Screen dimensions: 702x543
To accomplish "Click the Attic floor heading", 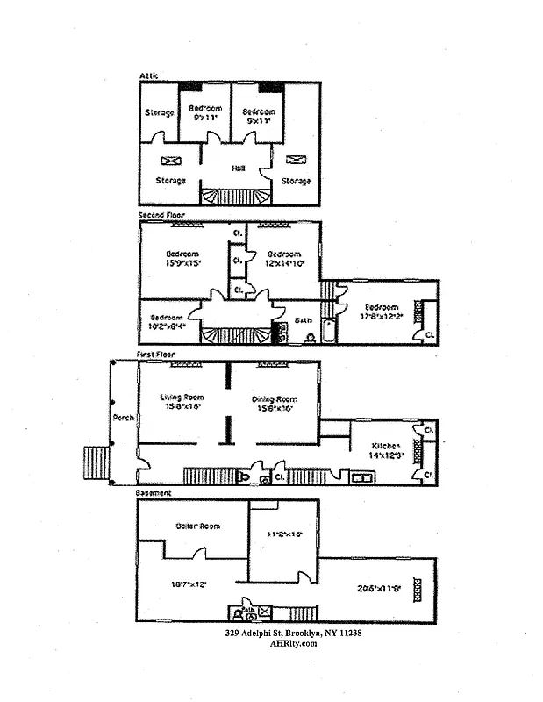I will [149, 76].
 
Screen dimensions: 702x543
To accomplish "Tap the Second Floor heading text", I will [161, 215].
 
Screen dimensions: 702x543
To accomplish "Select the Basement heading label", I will [154, 493].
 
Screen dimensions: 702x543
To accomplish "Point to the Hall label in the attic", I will [238, 168].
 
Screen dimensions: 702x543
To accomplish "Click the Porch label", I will [123, 418].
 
